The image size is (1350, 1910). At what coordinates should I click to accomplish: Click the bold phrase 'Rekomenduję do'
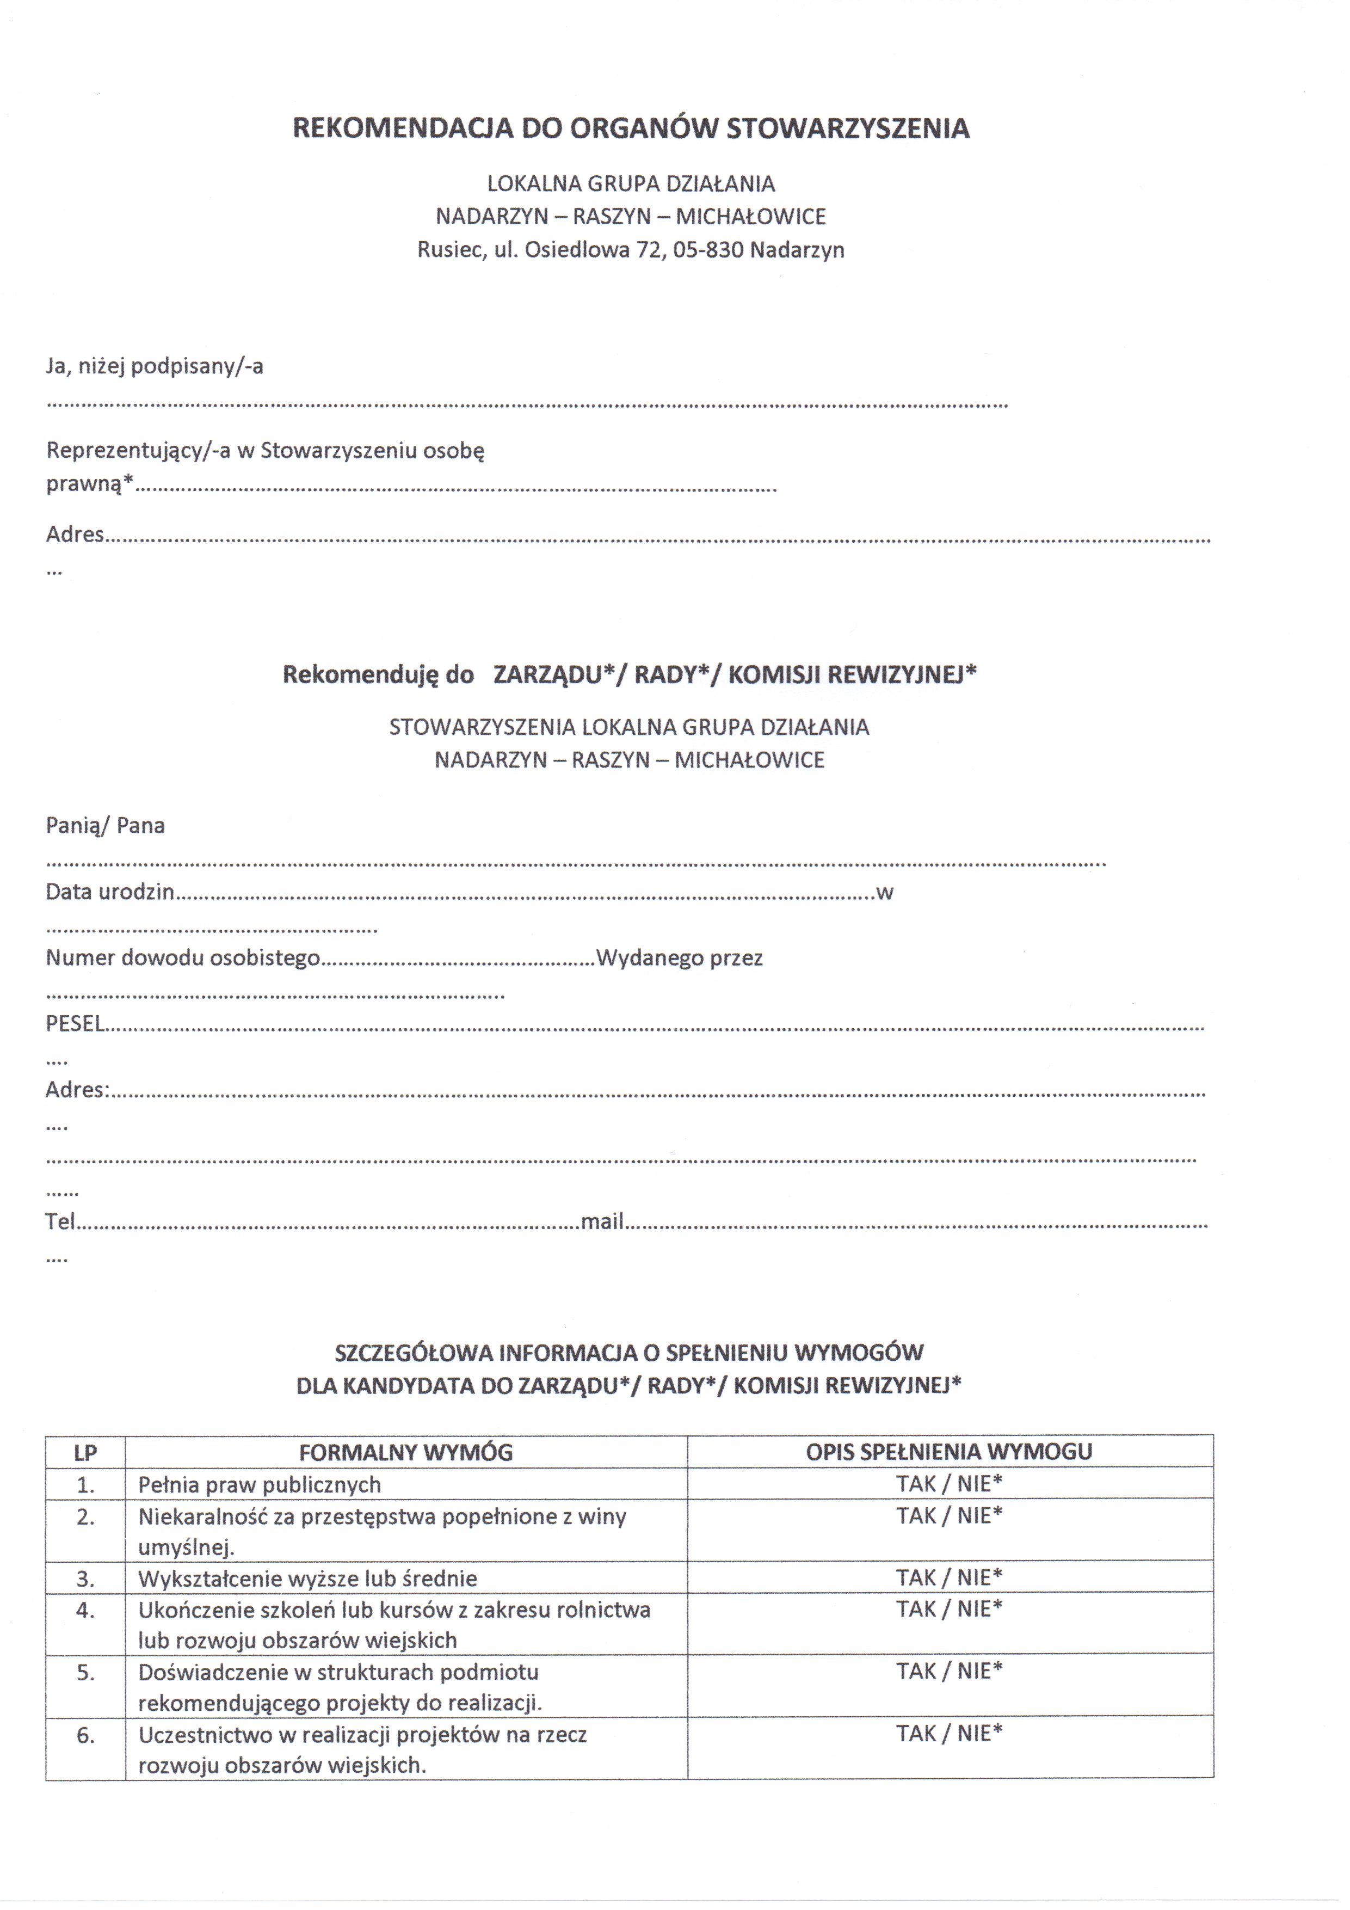(379, 674)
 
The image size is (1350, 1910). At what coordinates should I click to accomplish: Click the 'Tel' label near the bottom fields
(60, 1221)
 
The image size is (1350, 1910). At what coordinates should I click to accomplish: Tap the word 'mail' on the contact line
(602, 1221)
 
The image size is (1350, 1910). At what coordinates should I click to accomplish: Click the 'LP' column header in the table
(85, 1453)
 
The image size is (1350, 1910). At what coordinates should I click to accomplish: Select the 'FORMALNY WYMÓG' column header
(406, 1453)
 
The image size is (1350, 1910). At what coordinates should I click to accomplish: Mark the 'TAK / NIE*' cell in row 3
(949, 1578)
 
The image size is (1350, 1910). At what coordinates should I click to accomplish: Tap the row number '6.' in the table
(85, 1735)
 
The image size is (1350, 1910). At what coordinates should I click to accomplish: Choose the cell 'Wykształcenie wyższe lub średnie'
(308, 1579)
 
